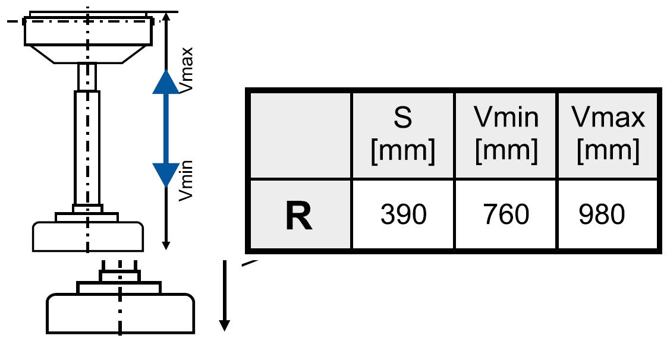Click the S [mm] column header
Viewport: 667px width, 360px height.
[x=403, y=135]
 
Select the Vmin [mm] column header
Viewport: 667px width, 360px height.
[x=506, y=135]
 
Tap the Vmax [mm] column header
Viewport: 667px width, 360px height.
[x=608, y=135]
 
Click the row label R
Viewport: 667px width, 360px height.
[x=298, y=215]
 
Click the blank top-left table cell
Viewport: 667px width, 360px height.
[x=299, y=135]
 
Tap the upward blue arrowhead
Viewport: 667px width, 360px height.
[x=166, y=83]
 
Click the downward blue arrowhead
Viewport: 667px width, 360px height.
[x=166, y=173]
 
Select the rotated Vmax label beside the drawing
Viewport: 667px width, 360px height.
[x=186, y=76]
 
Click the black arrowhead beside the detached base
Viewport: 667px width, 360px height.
[x=225, y=324]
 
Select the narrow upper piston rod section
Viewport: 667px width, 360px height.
[x=87, y=77]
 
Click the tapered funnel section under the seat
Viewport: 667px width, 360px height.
[x=87, y=54]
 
